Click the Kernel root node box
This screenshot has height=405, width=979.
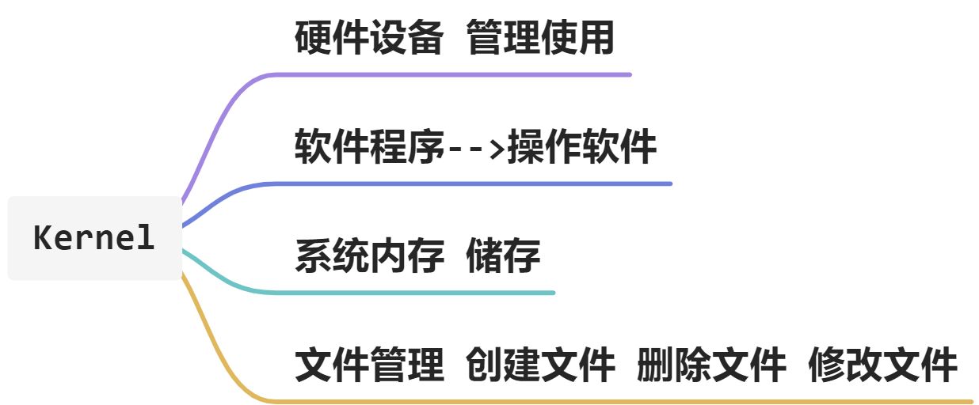(94, 238)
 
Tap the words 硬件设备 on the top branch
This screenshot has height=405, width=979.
(368, 37)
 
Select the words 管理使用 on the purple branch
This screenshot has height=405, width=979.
(540, 37)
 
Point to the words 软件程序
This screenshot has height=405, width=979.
(368, 146)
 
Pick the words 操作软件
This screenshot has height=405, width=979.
(582, 146)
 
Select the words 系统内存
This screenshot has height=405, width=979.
(368, 255)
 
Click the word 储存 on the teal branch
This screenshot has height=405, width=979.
(503, 255)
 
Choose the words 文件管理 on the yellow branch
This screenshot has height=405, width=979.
(368, 365)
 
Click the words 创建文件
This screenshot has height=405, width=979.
(540, 365)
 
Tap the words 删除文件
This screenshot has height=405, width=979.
(711, 365)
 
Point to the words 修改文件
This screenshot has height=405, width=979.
(882, 365)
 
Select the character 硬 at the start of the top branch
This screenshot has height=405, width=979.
(313, 37)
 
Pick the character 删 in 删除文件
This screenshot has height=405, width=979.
(656, 365)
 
